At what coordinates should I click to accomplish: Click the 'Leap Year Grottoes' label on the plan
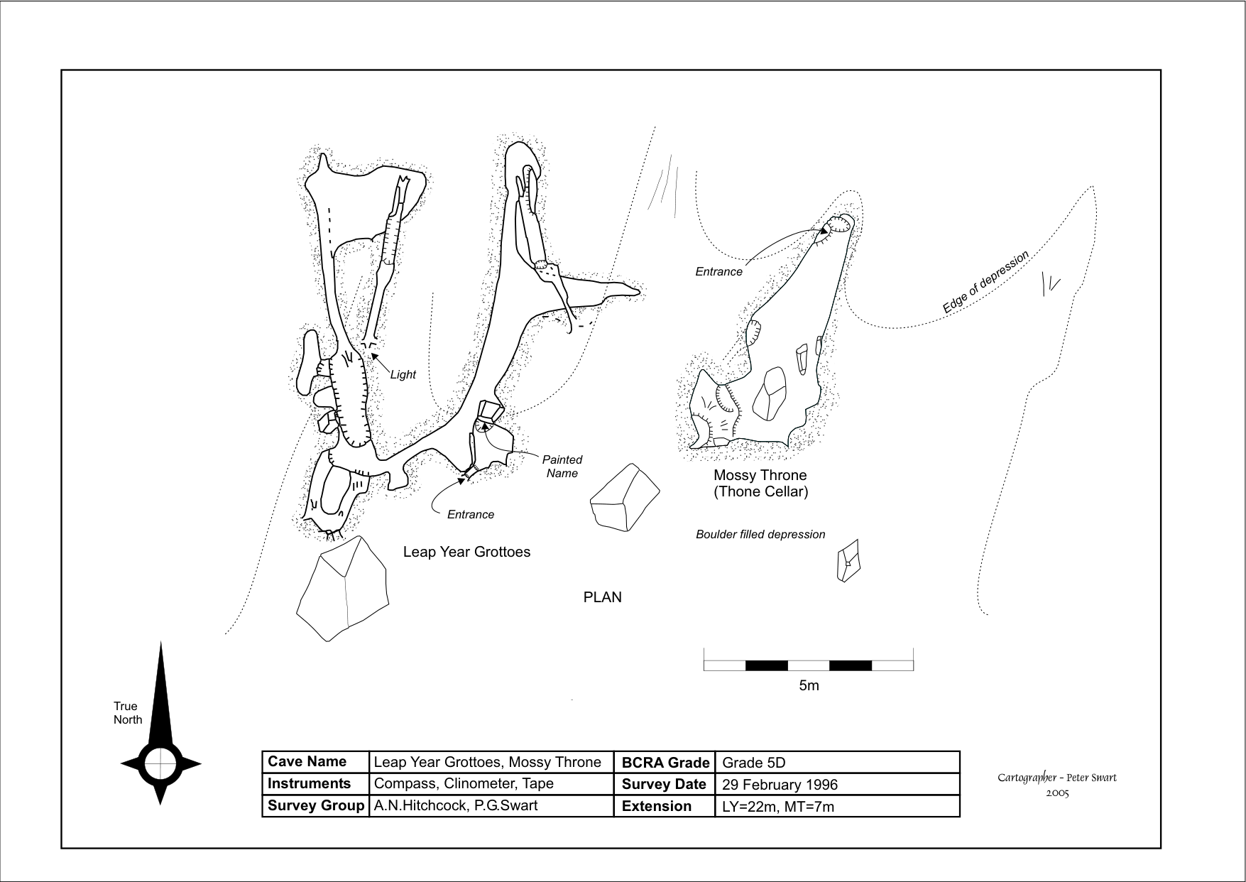466,552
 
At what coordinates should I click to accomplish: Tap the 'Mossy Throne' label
760,475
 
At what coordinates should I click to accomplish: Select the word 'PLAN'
602,597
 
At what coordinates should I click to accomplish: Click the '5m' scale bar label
809,685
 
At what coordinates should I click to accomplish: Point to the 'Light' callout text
403,374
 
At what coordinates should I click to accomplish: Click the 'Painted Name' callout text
562,467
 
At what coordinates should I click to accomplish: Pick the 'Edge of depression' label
985,283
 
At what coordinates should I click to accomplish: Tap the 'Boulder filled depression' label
760,534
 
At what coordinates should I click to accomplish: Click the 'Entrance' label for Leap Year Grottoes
470,514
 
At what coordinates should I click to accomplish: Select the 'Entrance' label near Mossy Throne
718,271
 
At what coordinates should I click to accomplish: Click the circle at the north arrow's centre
160,764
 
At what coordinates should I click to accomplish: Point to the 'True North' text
128,712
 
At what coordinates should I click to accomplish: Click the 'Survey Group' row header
315,806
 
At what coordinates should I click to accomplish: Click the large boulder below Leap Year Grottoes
342,588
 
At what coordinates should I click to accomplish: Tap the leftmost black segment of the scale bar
767,665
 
